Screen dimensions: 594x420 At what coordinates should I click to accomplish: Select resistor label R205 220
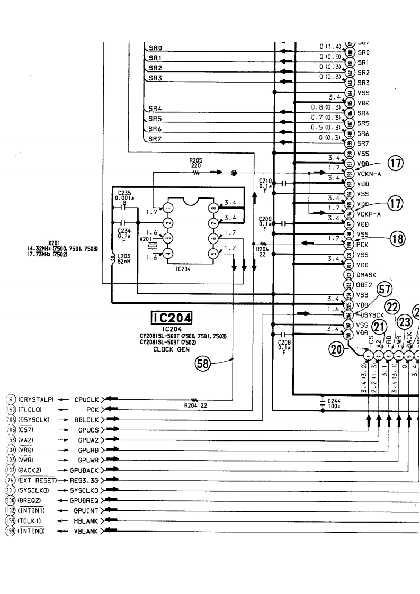[195, 163]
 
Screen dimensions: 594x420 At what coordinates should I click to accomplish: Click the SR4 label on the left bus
[155, 108]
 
